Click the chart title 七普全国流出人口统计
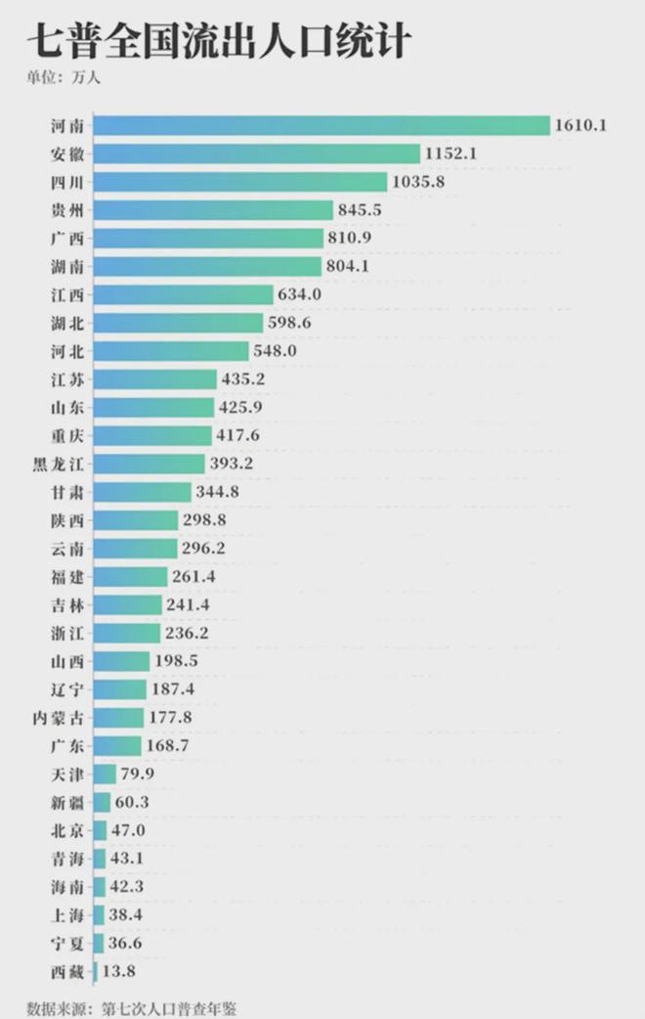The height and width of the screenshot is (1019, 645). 219,43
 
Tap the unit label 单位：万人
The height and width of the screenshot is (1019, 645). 64,78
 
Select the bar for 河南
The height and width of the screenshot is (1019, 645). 322,125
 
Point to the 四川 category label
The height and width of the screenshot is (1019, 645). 66,182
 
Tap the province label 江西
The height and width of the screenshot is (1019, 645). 66,294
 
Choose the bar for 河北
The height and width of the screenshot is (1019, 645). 171,351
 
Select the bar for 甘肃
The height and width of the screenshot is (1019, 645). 143,492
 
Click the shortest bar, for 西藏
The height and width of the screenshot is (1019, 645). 95,972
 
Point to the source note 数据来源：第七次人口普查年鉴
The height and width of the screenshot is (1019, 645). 132,1006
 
